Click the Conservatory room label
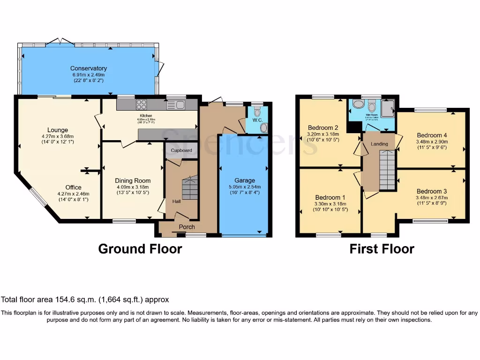(89, 68)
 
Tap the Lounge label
(57, 130)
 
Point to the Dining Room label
(133, 180)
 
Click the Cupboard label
(181, 150)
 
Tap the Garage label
(245, 180)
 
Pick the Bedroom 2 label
(323, 127)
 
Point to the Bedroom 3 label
(431, 191)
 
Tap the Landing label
(379, 144)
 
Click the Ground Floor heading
(140, 249)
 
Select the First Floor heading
(382, 249)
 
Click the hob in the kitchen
(142, 105)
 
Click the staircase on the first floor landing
(387, 173)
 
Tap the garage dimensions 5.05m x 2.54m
(245, 187)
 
